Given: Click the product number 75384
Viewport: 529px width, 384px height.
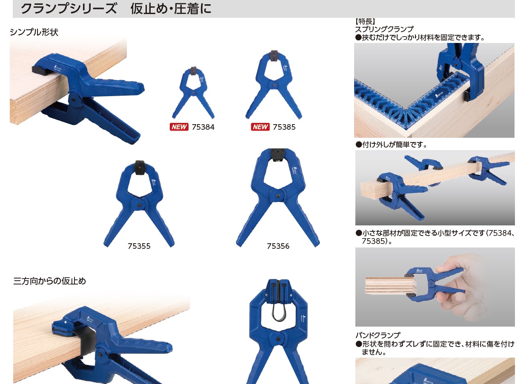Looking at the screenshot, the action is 203,127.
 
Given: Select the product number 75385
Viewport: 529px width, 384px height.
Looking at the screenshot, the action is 284,127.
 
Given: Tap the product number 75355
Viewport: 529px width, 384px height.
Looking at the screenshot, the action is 139,246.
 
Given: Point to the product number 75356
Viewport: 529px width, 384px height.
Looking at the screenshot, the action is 278,246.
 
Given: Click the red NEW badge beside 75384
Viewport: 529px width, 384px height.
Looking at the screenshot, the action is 179,127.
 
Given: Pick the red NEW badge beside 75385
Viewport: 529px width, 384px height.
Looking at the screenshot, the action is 260,127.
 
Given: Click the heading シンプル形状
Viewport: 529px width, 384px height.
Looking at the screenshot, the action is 34,32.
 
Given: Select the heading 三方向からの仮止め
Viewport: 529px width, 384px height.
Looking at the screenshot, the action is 50,281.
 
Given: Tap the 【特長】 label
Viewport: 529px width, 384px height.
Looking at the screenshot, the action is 365,22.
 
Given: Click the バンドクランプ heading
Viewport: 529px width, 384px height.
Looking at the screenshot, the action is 378,335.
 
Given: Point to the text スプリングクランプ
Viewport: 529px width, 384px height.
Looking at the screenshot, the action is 384,29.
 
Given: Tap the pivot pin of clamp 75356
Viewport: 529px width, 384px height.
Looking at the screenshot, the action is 278,196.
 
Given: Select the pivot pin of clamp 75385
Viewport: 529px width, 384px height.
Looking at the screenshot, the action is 274,85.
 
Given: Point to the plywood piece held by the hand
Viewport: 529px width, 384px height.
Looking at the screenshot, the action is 388,286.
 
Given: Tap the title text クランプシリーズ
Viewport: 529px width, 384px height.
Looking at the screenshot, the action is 69,9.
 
